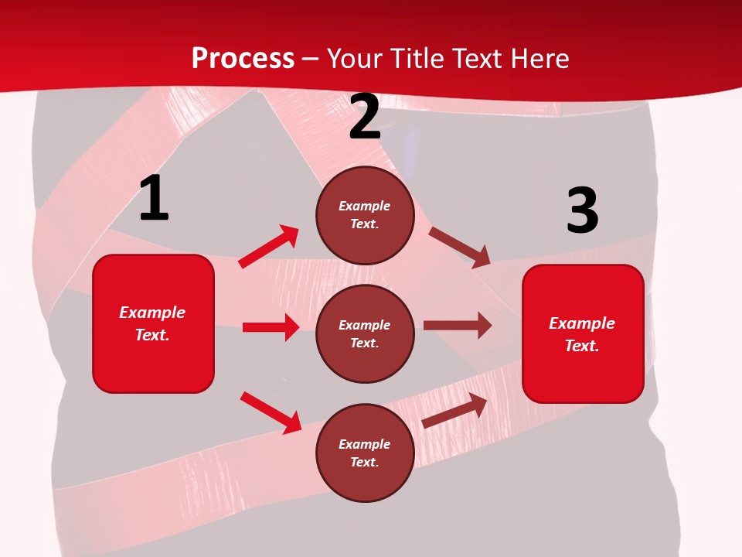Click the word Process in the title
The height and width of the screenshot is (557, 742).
point(243,58)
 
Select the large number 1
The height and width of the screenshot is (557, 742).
point(154,199)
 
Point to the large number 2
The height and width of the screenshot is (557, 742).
point(365,117)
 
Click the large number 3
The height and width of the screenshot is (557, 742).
point(582,211)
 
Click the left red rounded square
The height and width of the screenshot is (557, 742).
point(153,323)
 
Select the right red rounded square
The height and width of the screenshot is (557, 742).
point(583,334)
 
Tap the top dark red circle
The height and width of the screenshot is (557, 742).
point(365,215)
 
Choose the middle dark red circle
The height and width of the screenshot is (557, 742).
point(365,333)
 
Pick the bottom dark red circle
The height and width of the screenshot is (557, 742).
point(365,453)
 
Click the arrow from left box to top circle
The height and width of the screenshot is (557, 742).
point(269,247)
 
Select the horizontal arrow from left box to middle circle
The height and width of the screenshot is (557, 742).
point(271,327)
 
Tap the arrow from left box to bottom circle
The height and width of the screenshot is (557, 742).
point(271,412)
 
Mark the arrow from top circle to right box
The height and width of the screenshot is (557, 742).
point(459,247)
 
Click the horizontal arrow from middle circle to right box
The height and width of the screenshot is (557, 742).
point(458,326)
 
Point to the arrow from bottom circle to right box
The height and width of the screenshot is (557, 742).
point(455,410)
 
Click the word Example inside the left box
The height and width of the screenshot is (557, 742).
point(152,313)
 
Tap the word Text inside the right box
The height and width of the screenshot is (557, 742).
point(581,346)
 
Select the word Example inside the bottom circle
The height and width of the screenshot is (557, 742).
point(365,444)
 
